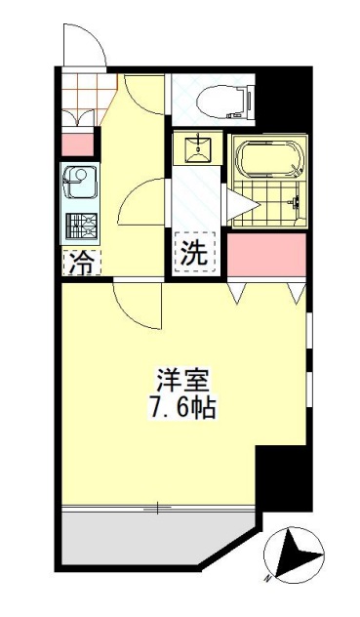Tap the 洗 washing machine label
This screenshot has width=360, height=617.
pyautogui.click(x=193, y=252)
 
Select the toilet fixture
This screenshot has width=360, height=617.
pyautogui.click(x=217, y=97)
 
